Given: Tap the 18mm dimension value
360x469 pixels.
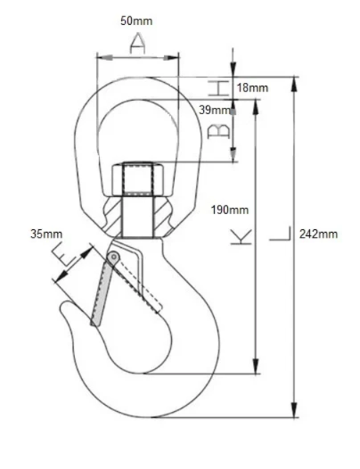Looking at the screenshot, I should pyautogui.click(x=252, y=88).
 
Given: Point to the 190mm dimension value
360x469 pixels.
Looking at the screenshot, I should pyautogui.click(x=230, y=209).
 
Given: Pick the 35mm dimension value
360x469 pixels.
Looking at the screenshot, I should pyautogui.click(x=46, y=234).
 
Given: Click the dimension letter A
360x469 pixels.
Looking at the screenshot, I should pyautogui.click(x=137, y=45).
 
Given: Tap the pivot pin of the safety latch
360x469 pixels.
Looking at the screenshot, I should pyautogui.click(x=114, y=257).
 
